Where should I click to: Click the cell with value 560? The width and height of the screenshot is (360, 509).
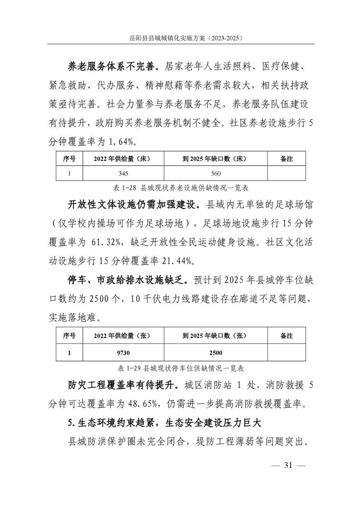click(214, 173)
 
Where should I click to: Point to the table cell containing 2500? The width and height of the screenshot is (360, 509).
click(214, 352)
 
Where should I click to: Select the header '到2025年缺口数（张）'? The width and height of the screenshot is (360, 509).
click(214, 336)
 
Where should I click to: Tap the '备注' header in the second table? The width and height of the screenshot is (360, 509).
click(287, 336)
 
